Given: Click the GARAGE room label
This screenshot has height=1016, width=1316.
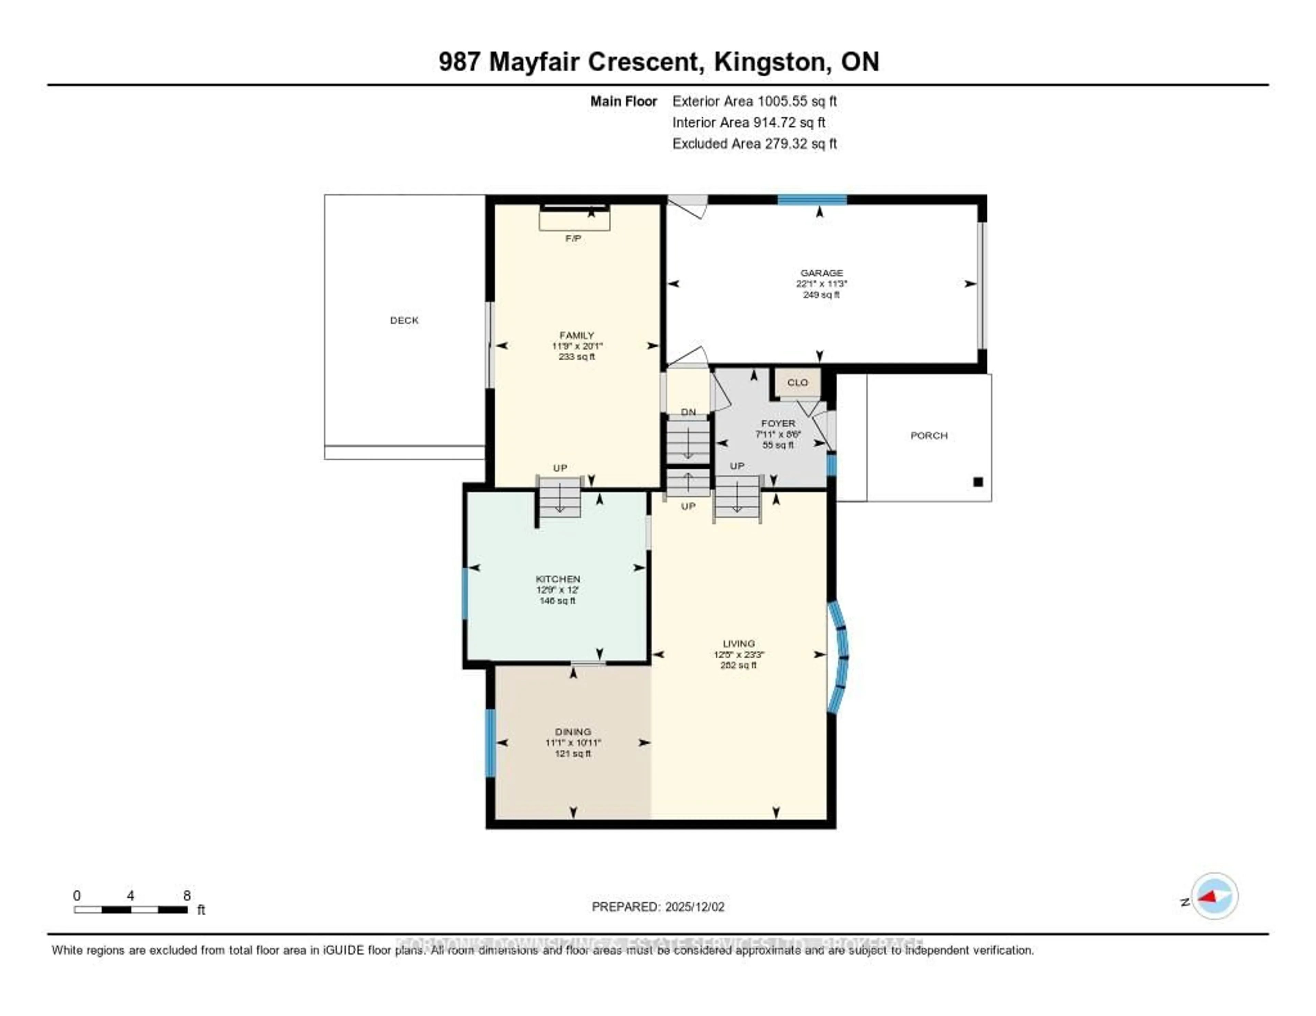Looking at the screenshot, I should click(x=821, y=273).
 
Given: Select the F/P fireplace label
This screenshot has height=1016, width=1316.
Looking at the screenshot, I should click(x=573, y=238).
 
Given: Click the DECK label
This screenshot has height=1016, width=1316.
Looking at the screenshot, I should click(x=404, y=320).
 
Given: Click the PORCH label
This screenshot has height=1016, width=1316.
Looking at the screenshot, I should click(x=928, y=435).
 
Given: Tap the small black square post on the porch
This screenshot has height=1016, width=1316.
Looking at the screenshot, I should click(x=978, y=482).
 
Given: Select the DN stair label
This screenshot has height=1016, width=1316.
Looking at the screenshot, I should click(x=688, y=412).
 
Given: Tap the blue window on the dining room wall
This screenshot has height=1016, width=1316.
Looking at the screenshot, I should click(x=490, y=743).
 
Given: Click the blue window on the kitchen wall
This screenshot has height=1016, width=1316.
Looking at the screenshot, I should click(x=465, y=593).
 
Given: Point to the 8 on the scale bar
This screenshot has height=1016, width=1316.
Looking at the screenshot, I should click(x=187, y=895).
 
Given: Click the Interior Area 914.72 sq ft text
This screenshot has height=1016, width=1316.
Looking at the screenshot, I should click(x=748, y=122).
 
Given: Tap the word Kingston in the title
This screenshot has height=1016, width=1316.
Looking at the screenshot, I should click(x=769, y=62).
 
